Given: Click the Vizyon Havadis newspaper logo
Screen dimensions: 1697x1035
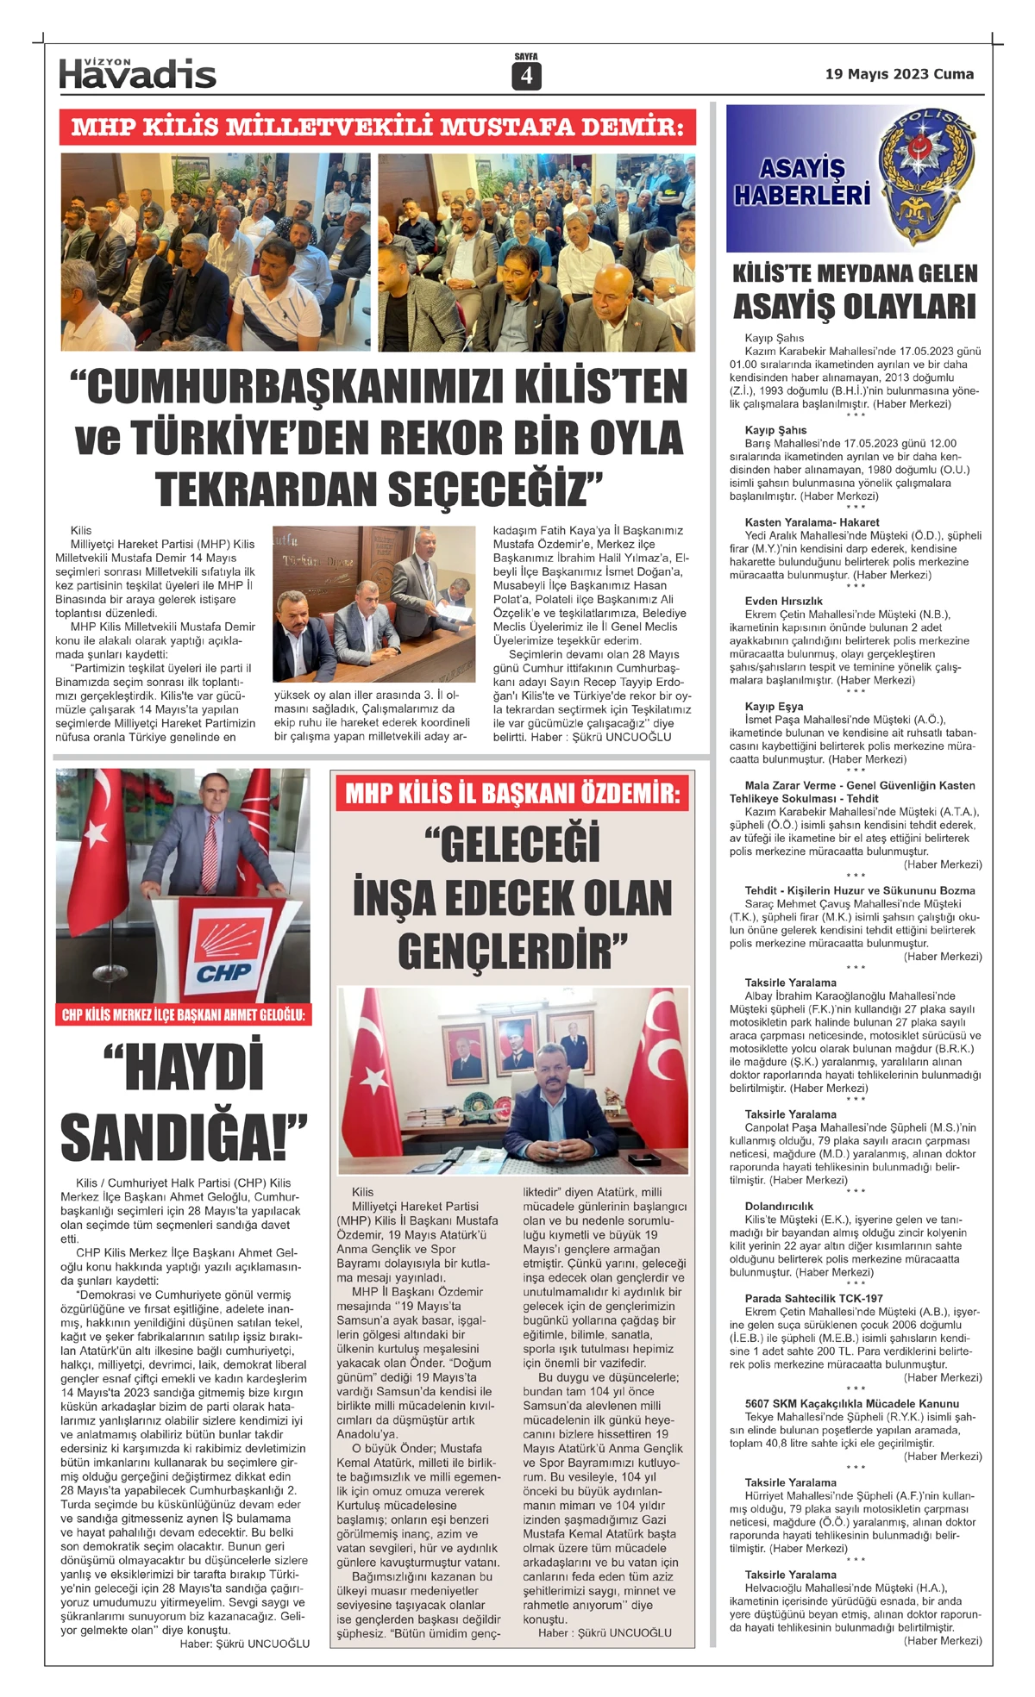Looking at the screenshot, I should tap(137, 74).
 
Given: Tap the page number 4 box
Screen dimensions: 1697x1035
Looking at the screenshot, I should tap(525, 77).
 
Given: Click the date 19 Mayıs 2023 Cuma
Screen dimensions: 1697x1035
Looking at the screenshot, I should tap(899, 74).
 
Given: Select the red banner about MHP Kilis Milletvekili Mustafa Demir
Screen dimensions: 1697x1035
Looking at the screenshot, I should tap(378, 127).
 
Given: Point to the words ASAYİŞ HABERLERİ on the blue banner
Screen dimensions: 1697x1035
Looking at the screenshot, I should tap(802, 181).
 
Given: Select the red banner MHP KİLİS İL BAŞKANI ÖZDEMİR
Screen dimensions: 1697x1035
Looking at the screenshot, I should tap(513, 793).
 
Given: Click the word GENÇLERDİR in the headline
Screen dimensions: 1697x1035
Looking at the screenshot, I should tap(512, 951).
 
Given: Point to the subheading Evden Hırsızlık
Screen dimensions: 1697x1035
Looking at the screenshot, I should tap(783, 601).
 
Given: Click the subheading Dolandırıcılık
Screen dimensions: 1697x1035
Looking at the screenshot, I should tap(779, 1207).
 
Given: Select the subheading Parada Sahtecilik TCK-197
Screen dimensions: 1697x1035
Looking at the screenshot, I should tap(813, 1298).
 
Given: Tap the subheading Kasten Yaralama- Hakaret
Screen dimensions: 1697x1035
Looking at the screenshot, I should tap(812, 522).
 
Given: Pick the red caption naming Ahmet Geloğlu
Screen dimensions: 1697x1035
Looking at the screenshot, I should tap(183, 1014).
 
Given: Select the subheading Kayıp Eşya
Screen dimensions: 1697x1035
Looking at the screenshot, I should tap(774, 706).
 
